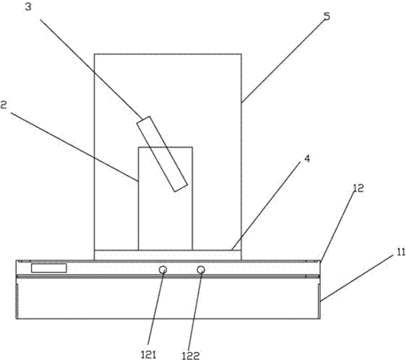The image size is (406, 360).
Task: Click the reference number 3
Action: point(28,7)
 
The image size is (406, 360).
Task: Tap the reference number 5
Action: point(327,17)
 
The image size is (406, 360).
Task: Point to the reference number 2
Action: point(3,105)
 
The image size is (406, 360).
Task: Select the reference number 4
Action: point(307,159)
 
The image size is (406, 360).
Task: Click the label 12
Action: point(358,188)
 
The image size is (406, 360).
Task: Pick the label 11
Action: point(400,252)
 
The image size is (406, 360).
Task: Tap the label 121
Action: point(149,354)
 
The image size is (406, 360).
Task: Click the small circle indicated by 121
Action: point(163,270)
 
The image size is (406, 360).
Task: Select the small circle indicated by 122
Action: point(201,270)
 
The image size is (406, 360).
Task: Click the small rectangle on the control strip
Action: point(49,268)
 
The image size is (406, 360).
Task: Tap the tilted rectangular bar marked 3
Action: point(162,154)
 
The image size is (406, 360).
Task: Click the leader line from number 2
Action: point(74,147)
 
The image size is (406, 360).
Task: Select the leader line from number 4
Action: point(266,206)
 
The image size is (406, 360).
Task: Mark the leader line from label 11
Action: point(357,278)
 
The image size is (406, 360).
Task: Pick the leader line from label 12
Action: point(338,226)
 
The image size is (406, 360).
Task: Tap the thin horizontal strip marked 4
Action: point(168,255)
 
